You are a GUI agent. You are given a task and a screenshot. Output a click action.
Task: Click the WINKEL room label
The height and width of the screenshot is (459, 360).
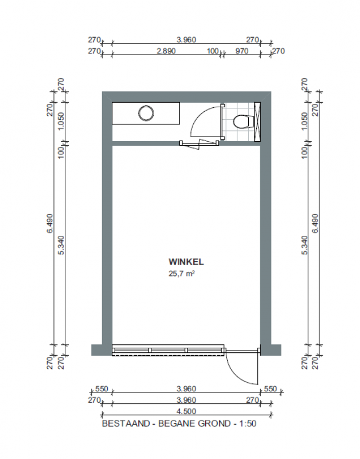tap(186, 262)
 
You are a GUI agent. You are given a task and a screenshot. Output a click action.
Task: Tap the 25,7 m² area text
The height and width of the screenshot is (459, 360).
tap(182, 274)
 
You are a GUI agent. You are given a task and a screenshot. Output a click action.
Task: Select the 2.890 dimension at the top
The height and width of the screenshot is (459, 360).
tap(166, 51)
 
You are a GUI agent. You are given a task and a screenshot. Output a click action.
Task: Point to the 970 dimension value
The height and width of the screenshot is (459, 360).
tap(241, 51)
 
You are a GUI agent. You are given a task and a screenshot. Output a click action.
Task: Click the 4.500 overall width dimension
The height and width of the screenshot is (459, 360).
tap(186, 411)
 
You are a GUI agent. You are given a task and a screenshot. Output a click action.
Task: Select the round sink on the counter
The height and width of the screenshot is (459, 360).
tap(146, 112)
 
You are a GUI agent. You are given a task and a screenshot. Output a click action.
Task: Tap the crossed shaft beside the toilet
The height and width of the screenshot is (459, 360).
tap(257, 122)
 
